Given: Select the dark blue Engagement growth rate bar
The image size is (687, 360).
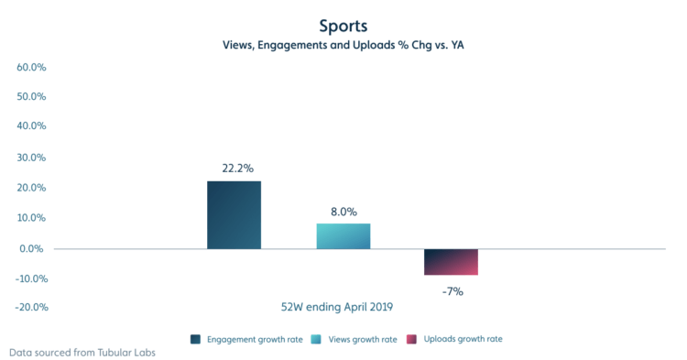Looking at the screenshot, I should point(234,214).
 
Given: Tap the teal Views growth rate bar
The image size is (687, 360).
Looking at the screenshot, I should point(343,235).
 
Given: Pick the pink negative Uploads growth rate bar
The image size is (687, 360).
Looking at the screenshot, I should point(451,261).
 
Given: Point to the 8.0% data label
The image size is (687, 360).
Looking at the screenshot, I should point(343,211).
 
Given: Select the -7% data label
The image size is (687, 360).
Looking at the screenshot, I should point(453,291).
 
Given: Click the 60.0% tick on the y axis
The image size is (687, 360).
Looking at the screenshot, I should point(31,67).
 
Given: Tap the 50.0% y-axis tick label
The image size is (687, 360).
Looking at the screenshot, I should point(31,97).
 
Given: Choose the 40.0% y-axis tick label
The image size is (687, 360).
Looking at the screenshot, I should point(31,127).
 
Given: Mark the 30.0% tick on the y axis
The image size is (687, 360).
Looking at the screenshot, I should point(31,158).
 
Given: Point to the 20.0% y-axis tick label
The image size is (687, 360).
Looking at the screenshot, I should point(31,188).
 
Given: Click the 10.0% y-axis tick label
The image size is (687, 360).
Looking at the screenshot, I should point(31,218).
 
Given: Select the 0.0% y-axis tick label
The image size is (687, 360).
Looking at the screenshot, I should point(33,248).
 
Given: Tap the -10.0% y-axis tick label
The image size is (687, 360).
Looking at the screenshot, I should point(29,278).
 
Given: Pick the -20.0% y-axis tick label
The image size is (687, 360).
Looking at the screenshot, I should point(29,308).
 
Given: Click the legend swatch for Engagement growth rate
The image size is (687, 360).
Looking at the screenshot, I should point(196,339).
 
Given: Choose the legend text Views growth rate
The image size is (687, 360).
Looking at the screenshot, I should point(363,339).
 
